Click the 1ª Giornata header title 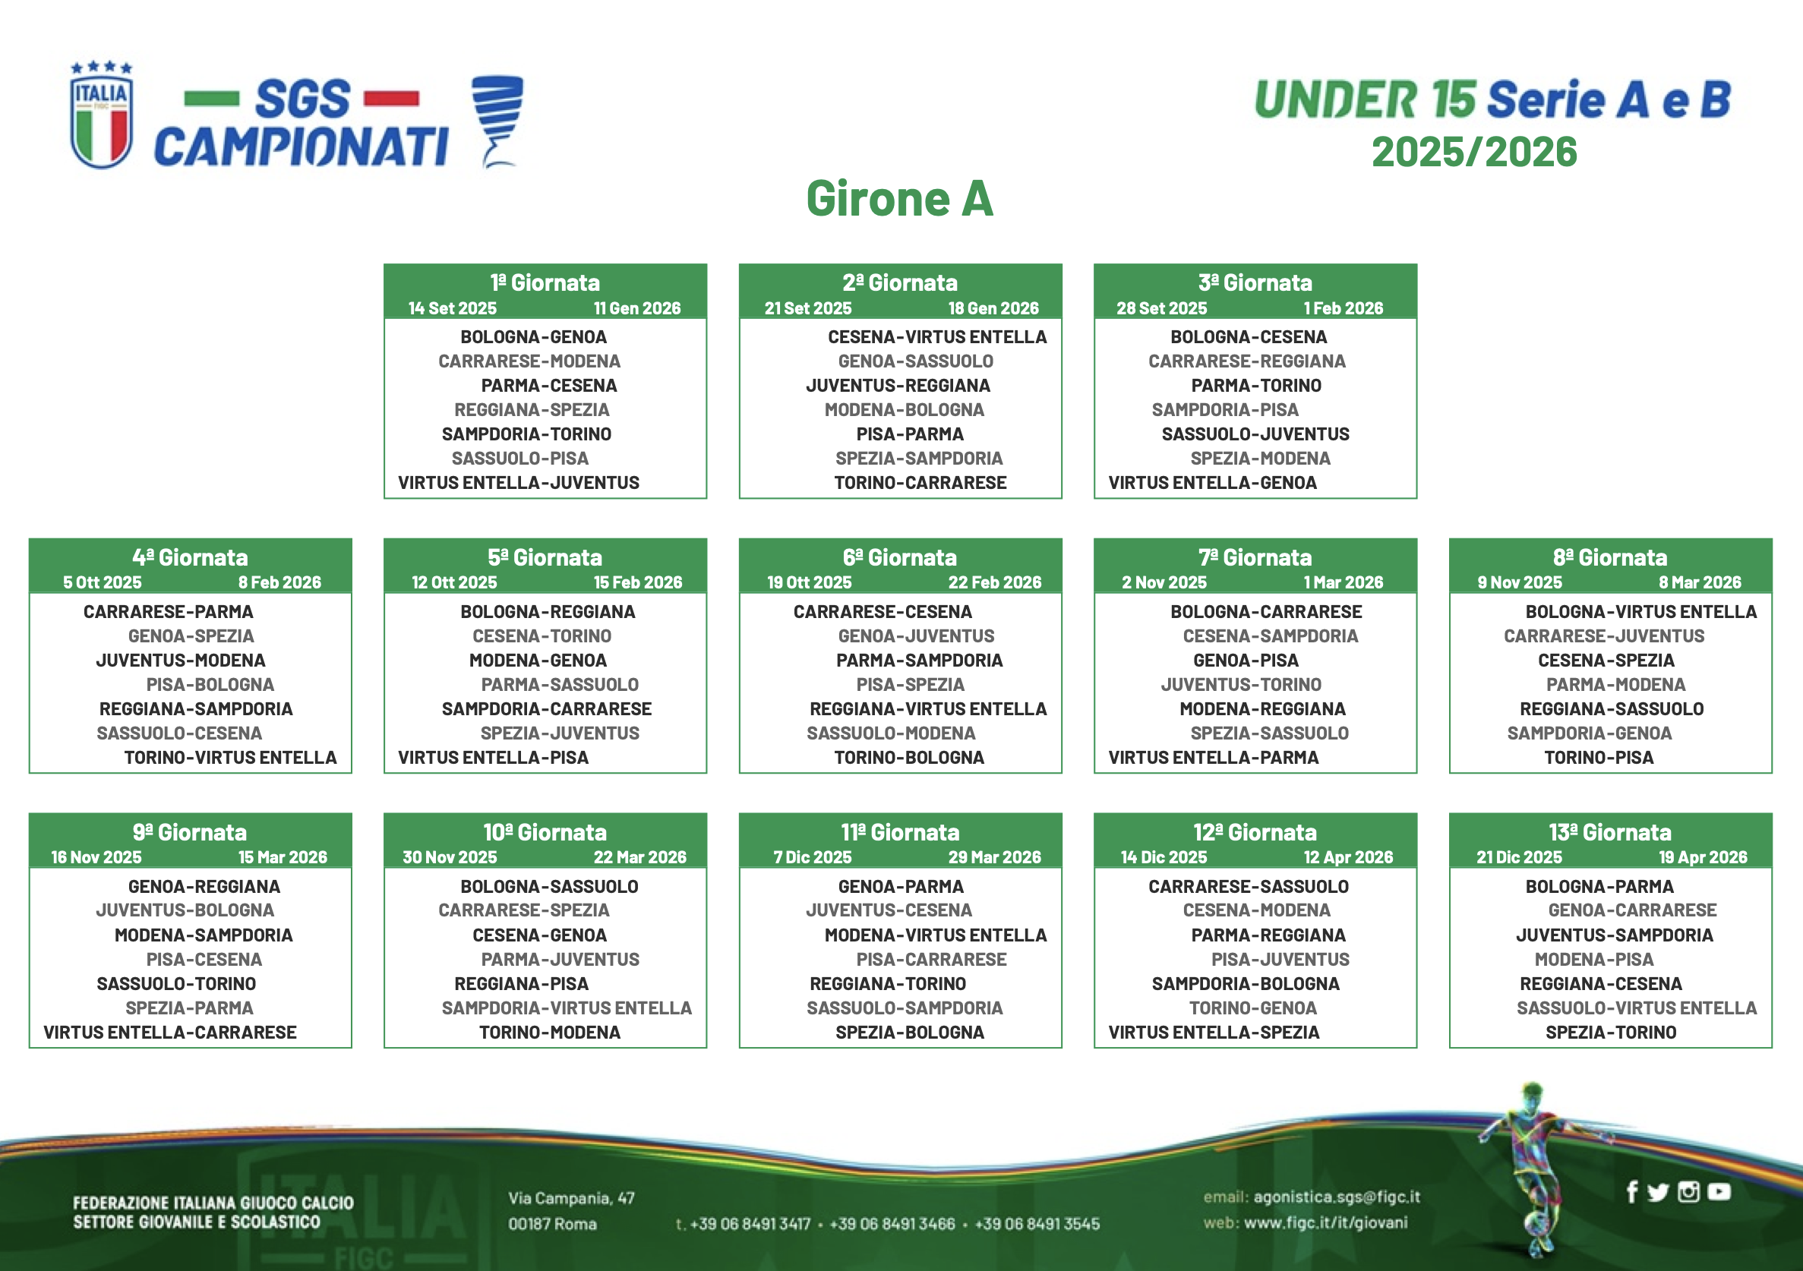pyautogui.click(x=545, y=282)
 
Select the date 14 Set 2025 pyautogui.click(x=453, y=308)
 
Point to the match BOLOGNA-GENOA pyautogui.click(x=533, y=337)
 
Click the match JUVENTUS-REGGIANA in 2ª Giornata pyautogui.click(x=898, y=386)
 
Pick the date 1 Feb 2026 pyautogui.click(x=1344, y=308)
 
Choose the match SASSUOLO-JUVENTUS pyautogui.click(x=1255, y=434)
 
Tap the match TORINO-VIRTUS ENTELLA pyautogui.click(x=230, y=758)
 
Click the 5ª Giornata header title pyautogui.click(x=545, y=557)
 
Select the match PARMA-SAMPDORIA pyautogui.click(x=920, y=661)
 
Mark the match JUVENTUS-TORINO pyautogui.click(x=1241, y=685)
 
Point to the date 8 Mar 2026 pyautogui.click(x=1700, y=582)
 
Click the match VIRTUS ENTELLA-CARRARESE pyautogui.click(x=169, y=1033)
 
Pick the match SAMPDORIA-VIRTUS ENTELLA pyautogui.click(x=566, y=1008)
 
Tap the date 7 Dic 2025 pyautogui.click(x=813, y=857)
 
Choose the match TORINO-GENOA pyautogui.click(x=1252, y=1008)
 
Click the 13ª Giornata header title pyautogui.click(x=1610, y=832)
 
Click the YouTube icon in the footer pyautogui.click(x=1718, y=1192)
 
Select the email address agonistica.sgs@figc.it pyautogui.click(x=1337, y=1197)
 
